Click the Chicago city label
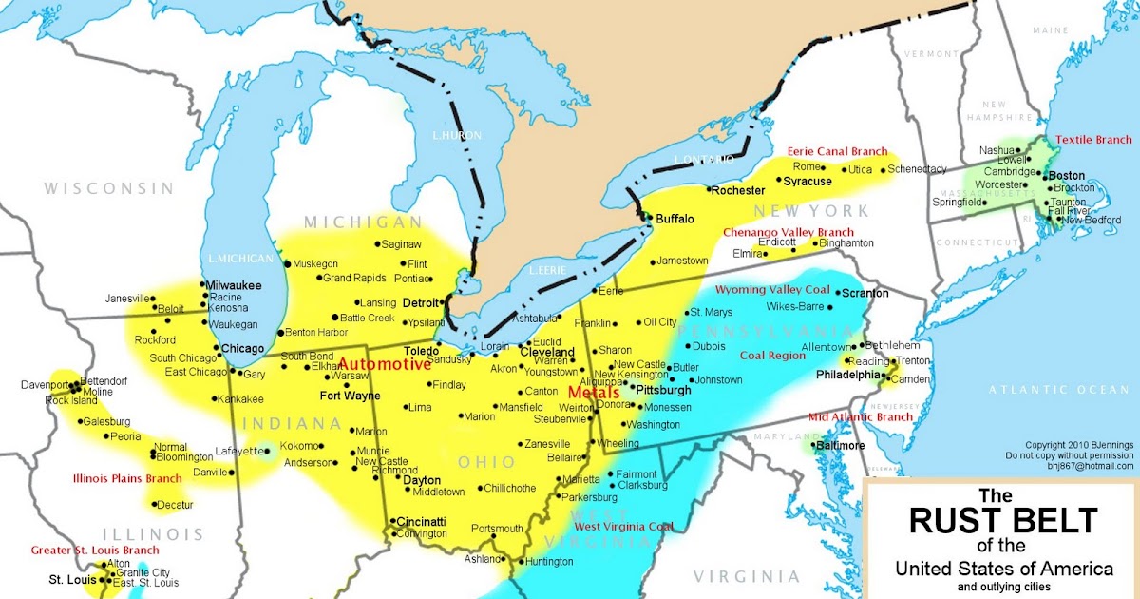tap(242, 349)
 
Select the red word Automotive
tap(384, 364)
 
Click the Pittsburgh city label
tap(663, 390)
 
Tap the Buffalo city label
tap(674, 219)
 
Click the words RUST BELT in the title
tap(1003, 520)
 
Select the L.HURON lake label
tap(453, 136)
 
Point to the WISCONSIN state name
tap(108, 188)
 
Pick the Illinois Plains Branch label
tap(126, 477)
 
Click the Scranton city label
tap(864, 293)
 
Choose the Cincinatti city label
tap(421, 522)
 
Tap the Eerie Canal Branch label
tap(837, 152)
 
